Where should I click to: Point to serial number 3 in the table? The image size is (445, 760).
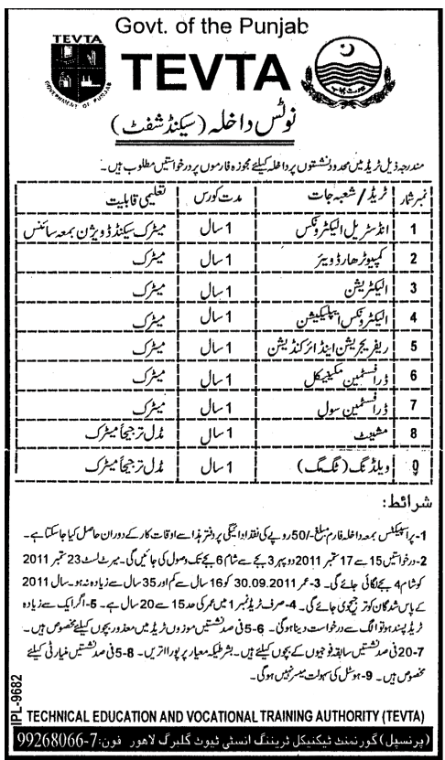click(x=415, y=289)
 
